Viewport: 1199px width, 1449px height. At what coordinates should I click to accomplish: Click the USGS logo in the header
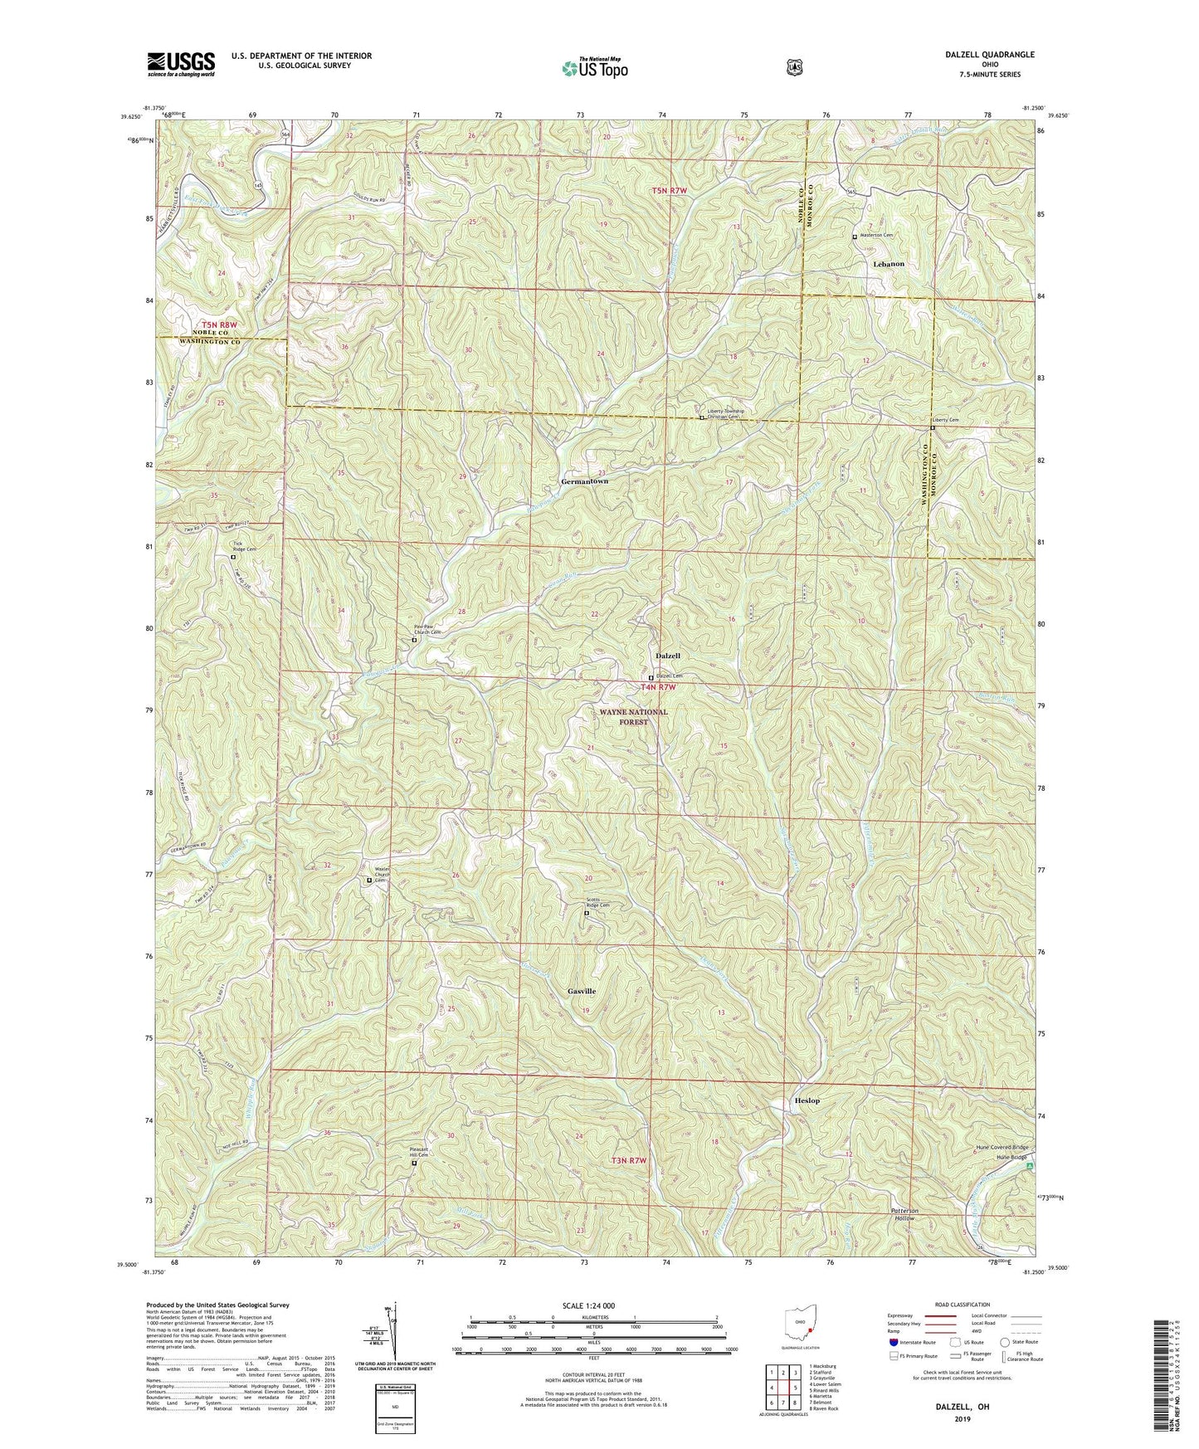coord(181,63)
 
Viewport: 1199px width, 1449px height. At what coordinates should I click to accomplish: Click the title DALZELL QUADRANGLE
coord(989,54)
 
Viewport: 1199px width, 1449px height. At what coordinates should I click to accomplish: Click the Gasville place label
coord(582,992)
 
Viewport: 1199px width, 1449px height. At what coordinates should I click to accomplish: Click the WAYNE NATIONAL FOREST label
coord(633,717)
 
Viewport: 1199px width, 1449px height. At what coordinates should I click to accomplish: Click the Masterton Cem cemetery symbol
coord(855,237)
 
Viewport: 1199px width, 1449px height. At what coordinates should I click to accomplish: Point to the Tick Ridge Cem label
coord(243,547)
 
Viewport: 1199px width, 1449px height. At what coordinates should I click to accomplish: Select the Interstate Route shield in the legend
coord(892,1342)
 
